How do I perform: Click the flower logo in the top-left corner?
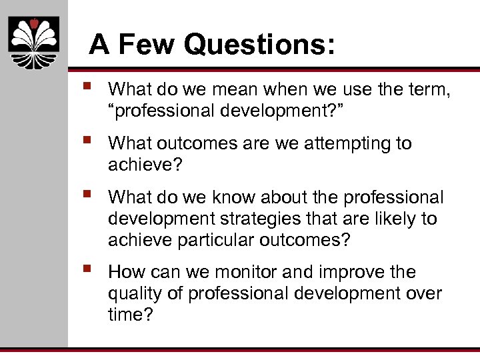click(x=34, y=42)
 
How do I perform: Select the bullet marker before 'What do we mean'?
click(x=87, y=87)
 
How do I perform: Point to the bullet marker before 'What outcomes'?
click(x=87, y=141)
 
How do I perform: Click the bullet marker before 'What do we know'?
click(x=87, y=195)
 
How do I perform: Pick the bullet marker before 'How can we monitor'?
click(x=87, y=270)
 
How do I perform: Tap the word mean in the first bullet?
click(x=230, y=89)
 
